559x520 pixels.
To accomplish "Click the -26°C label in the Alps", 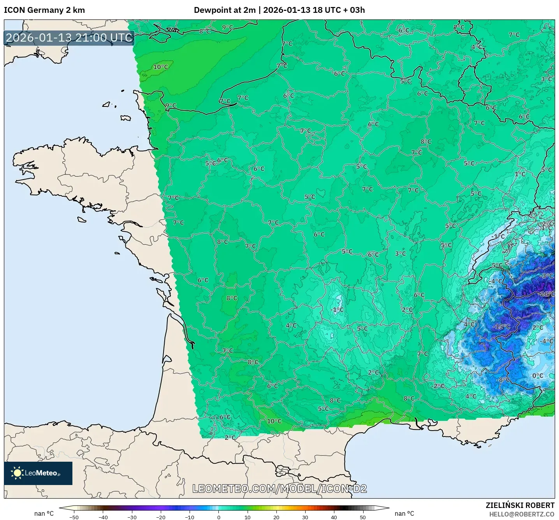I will (547, 294).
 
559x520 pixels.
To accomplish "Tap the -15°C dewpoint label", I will (501, 326).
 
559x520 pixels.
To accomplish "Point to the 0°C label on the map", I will (538, 375).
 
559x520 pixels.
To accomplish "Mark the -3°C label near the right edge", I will (547, 276).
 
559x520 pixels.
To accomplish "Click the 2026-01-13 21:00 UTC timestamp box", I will (69, 38).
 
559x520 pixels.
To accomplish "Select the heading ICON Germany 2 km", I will (44, 10).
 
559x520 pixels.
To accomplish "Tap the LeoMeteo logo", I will (38, 473).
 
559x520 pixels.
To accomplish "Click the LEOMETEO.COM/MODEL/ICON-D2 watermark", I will (279, 489).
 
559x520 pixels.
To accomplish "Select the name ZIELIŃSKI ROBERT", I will (520, 505).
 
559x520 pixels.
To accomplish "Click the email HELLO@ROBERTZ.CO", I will (522, 514).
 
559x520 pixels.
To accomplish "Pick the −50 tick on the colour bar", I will (74, 517).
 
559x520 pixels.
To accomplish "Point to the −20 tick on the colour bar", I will (160, 517).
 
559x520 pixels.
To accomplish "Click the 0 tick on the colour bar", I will (218, 517).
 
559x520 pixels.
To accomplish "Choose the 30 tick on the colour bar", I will (305, 517).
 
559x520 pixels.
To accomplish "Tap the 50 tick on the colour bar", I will (363, 517).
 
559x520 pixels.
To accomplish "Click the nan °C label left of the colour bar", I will (44, 513).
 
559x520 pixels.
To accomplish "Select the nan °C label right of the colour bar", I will (404, 513).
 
